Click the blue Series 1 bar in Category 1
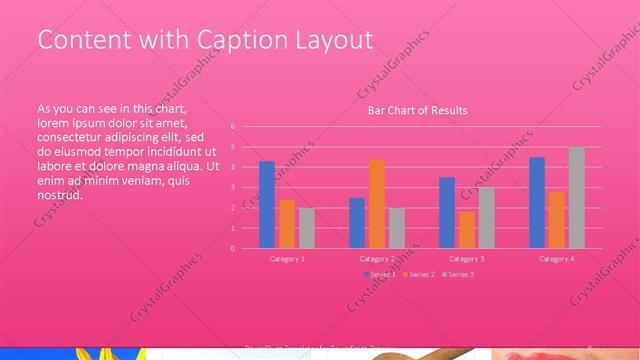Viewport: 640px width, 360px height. click(267, 205)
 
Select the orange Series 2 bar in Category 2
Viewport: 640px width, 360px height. click(377, 204)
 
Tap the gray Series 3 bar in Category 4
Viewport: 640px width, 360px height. click(577, 198)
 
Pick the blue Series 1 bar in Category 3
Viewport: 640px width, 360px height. click(447, 213)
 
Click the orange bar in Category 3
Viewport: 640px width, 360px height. click(467, 230)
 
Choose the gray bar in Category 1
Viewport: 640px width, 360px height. click(307, 228)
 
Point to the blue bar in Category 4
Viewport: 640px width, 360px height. click(537, 203)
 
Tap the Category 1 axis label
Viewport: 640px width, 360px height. click(287, 258)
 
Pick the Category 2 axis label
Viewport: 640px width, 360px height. click(377, 258)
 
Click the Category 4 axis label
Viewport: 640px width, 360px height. click(557, 258)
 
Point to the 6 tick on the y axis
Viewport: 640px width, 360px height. click(232, 127)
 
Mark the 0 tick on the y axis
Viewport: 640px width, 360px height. click(232, 248)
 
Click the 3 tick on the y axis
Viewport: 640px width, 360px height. click(232, 187)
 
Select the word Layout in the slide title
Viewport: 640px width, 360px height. click(329, 40)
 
